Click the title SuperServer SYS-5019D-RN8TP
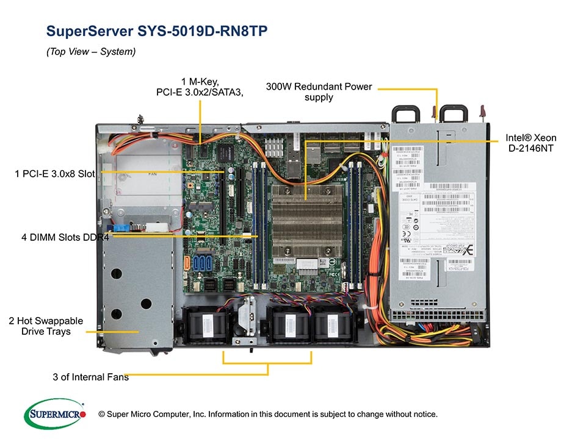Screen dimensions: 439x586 157,31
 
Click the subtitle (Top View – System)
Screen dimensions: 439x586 91,52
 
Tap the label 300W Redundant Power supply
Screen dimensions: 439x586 319,91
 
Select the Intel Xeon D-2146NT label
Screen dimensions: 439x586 530,143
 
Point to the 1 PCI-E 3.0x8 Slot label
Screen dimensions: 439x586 55,174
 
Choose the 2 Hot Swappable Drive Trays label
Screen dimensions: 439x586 46,326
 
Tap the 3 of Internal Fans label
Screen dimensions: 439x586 90,377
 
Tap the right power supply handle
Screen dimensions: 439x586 455,113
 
